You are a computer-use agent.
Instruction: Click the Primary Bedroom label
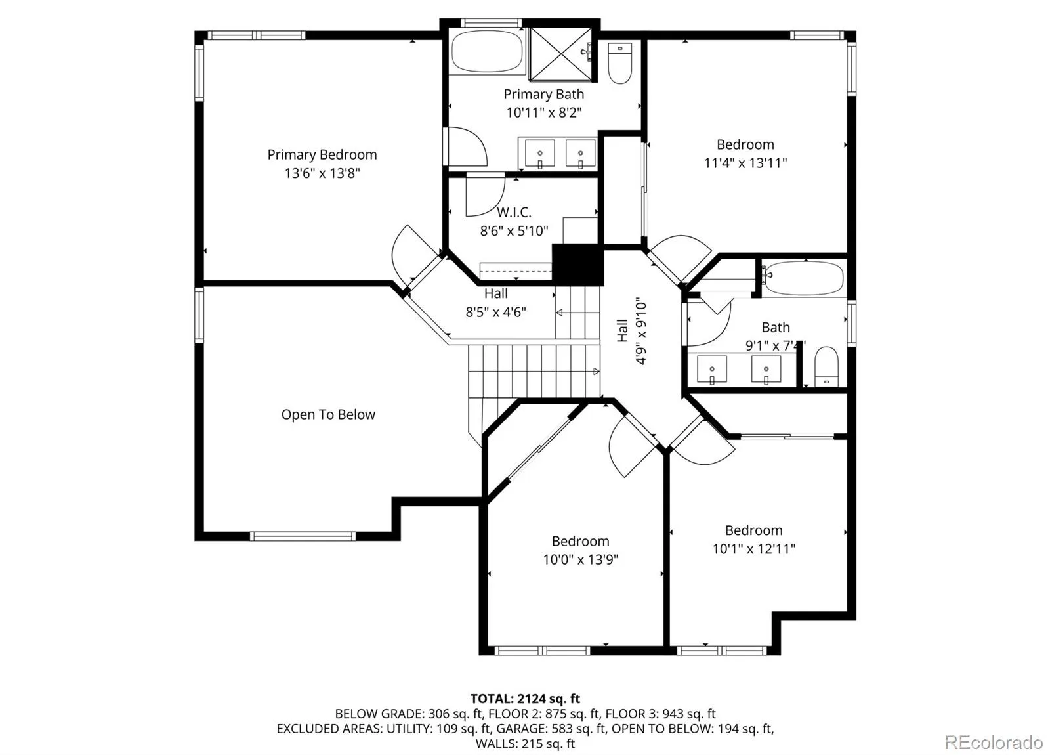click(322, 155)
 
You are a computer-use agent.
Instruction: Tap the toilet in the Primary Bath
click(619, 63)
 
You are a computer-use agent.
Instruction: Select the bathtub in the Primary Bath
click(487, 52)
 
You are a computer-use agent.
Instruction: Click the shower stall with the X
click(560, 54)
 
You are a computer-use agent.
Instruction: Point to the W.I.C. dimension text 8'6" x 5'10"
click(514, 230)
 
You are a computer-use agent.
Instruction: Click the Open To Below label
click(328, 414)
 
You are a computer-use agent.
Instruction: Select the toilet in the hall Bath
click(826, 366)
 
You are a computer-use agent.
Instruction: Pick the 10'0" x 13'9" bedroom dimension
click(581, 559)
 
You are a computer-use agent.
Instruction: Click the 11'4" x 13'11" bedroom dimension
click(745, 163)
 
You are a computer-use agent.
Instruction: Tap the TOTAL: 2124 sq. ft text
click(525, 699)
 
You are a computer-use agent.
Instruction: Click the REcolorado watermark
click(994, 743)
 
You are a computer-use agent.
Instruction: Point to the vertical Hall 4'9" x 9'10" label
click(631, 331)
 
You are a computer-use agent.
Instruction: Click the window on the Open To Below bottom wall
click(303, 536)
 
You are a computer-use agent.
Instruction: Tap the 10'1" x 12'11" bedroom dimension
click(754, 549)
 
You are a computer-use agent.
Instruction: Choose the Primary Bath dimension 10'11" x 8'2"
click(544, 112)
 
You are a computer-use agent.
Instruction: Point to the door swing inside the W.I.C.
click(486, 194)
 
